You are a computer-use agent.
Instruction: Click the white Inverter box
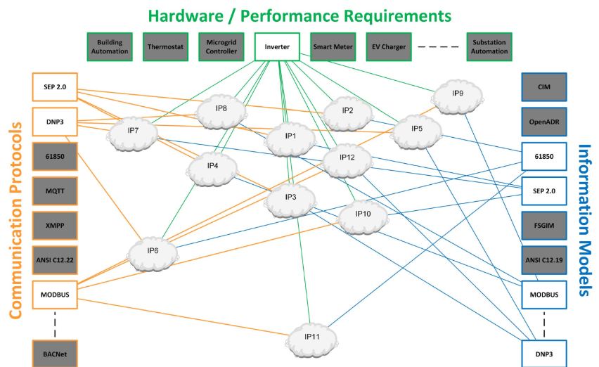[277, 46]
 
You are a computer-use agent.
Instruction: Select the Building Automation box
[110, 46]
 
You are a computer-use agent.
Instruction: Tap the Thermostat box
[166, 46]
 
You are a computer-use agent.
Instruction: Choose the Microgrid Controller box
[221, 46]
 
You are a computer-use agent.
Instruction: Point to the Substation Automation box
[489, 46]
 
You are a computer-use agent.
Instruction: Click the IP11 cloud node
[312, 338]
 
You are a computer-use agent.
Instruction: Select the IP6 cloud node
[153, 251]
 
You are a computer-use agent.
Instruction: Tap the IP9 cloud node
[457, 94]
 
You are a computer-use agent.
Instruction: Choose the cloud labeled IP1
[289, 136]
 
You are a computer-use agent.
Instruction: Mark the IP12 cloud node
[347, 157]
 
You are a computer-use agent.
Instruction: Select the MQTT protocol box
[55, 190]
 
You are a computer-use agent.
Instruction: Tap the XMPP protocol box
[55, 225]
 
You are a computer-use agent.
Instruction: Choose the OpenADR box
[543, 122]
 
